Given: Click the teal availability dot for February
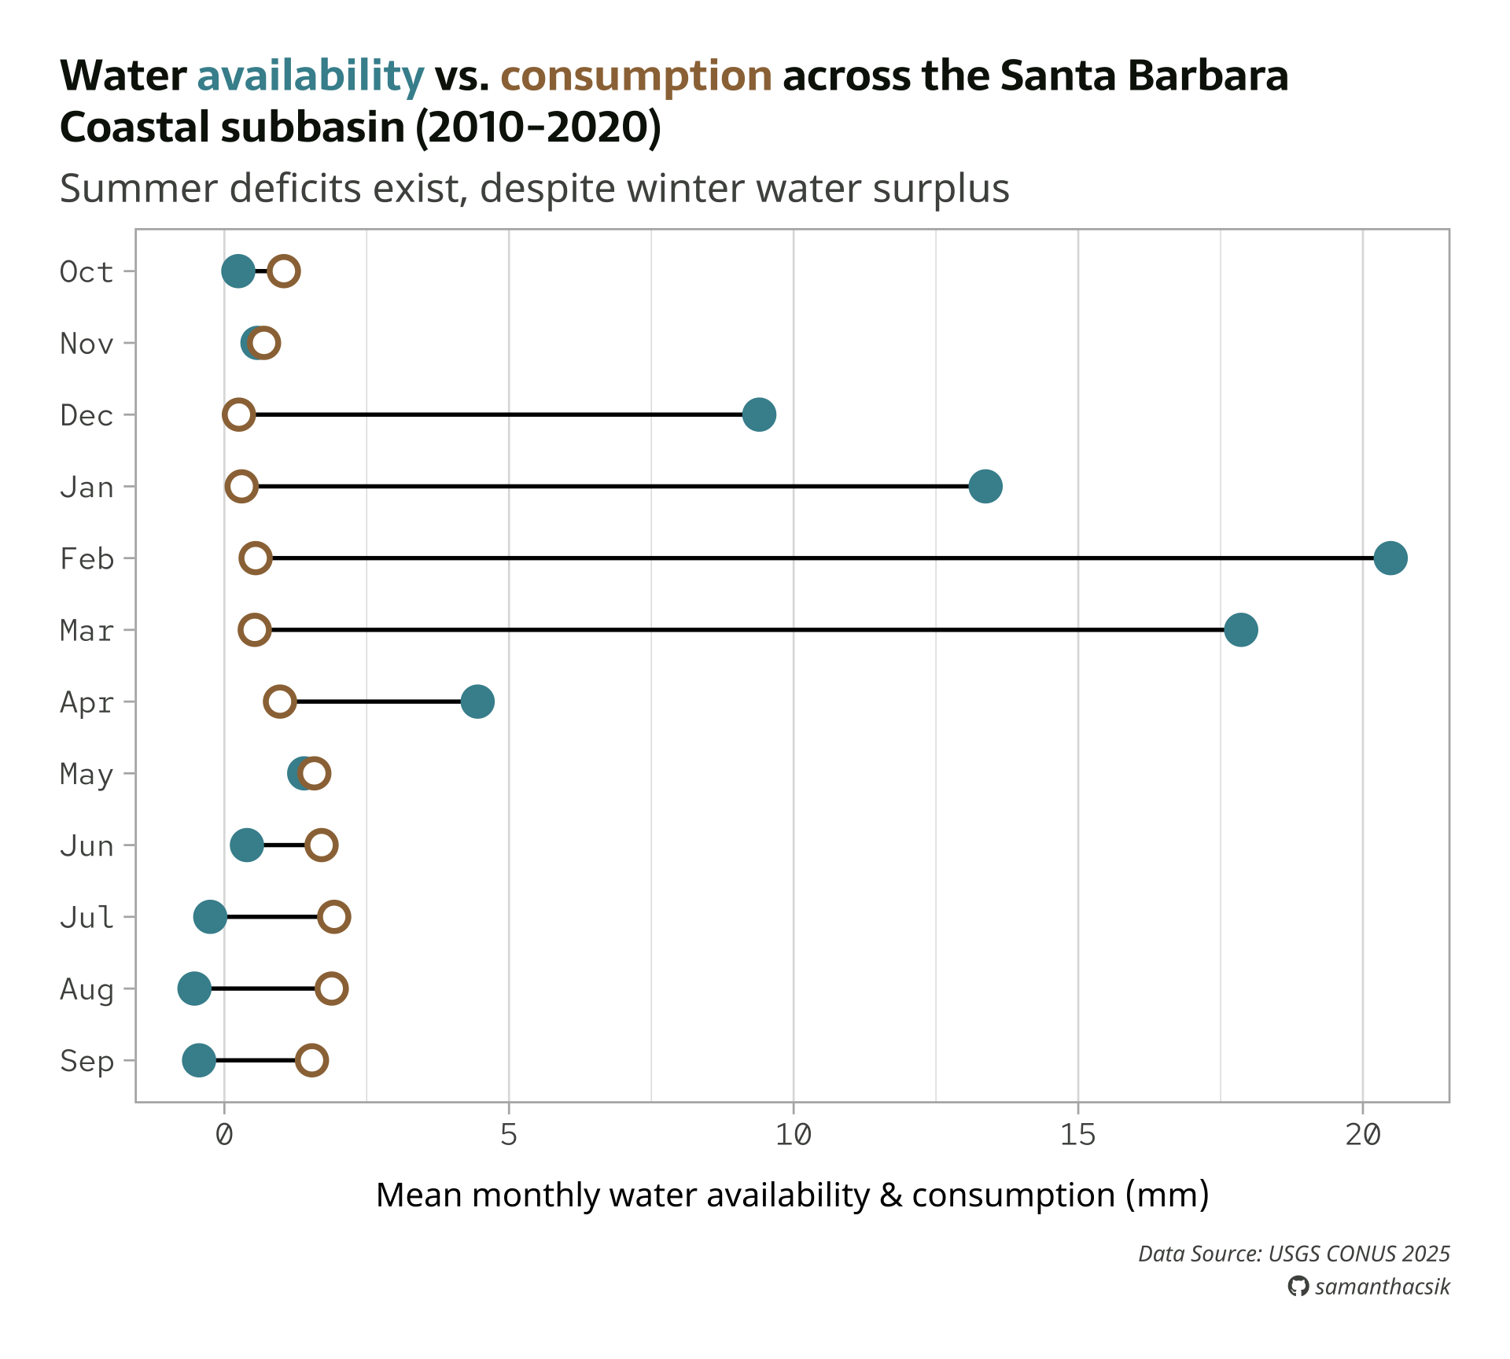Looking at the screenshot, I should click(1390, 558).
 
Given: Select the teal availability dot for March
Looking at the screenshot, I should click(1240, 630).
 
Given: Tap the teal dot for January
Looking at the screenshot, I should click(985, 487).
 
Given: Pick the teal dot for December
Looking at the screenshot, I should click(759, 414).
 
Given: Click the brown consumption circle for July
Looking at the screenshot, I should click(334, 917).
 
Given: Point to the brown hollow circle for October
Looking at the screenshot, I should click(284, 271).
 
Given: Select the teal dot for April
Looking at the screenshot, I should click(477, 702).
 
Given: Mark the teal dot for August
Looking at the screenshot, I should click(194, 989).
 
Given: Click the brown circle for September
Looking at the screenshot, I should click(312, 1060).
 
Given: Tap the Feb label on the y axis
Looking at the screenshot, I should click(87, 559).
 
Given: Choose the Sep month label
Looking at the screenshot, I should click(87, 1061).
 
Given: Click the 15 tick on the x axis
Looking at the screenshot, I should click(1077, 1135).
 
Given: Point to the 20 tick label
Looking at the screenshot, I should click(1362, 1135).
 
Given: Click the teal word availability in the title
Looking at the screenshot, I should click(310, 76).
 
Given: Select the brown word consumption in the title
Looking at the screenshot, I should click(635, 76).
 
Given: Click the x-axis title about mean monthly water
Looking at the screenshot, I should click(792, 1195).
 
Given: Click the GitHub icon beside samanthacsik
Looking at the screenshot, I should click(1298, 1287).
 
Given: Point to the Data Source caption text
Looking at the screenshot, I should click(1294, 1254).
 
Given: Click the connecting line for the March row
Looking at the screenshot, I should click(747, 630).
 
